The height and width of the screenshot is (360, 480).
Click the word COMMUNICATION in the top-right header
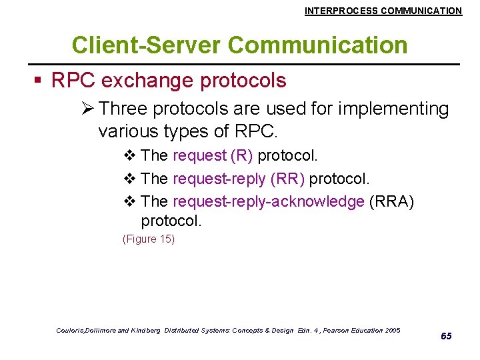[421, 11]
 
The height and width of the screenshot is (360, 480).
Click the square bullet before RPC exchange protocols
[39, 81]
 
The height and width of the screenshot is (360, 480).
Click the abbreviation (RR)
[288, 179]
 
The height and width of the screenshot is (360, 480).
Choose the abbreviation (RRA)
[391, 202]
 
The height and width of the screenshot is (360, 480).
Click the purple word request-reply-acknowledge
[268, 202]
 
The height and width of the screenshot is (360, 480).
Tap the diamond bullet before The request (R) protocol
[129, 156]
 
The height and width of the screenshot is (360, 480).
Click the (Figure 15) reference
[148, 239]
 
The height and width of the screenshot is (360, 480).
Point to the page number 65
[446, 336]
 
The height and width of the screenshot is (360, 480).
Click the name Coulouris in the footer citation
[71, 331]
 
